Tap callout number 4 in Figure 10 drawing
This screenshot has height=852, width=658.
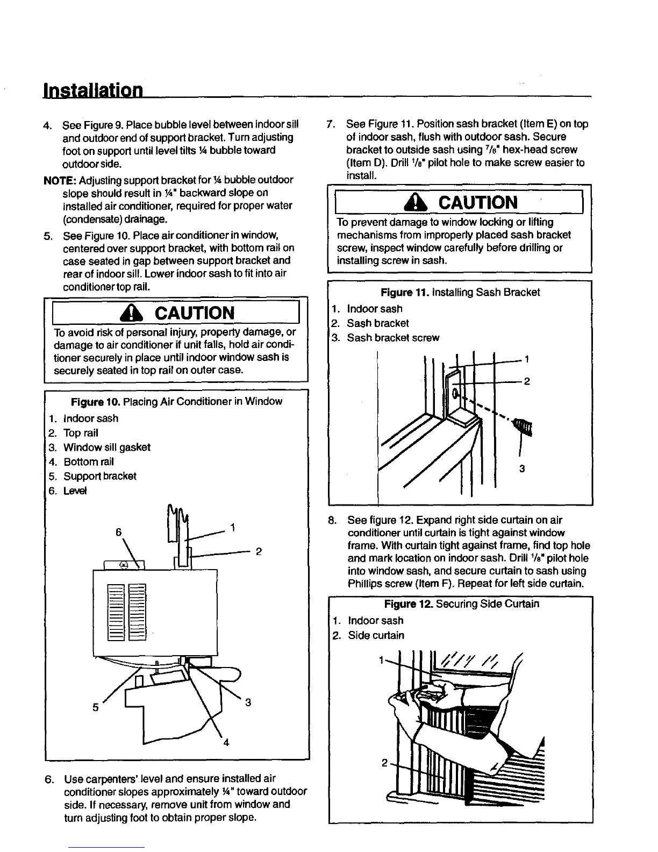click(226, 743)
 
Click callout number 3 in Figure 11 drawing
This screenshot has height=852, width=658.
click(521, 469)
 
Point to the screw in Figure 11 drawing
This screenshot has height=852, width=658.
click(523, 427)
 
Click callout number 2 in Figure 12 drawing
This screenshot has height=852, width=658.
click(384, 763)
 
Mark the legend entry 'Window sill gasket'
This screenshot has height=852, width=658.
click(107, 448)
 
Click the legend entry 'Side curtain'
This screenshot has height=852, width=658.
click(376, 635)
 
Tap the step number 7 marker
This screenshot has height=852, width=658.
click(332, 124)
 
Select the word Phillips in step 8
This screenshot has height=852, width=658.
click(364, 584)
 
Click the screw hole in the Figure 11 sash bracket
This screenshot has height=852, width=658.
click(455, 393)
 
